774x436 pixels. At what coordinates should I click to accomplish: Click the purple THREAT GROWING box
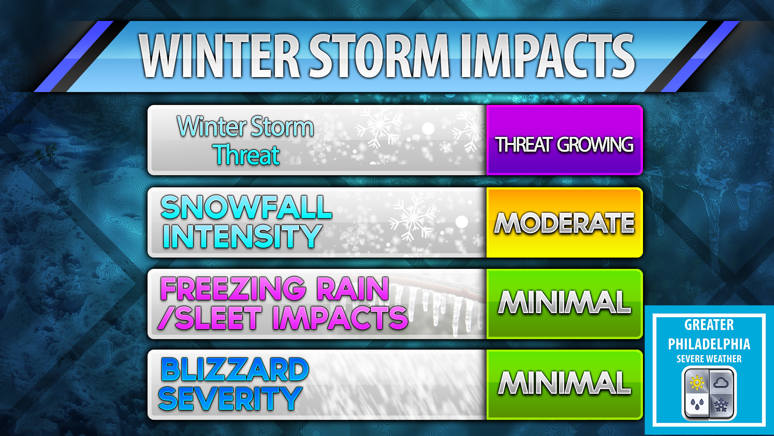[x=564, y=140]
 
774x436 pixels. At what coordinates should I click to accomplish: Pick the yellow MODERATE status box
[x=564, y=222]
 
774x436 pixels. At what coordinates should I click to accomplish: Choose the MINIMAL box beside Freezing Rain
[x=564, y=304]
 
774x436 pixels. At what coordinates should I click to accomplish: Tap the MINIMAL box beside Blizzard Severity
[x=564, y=385]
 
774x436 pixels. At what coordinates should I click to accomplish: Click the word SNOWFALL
[x=246, y=207]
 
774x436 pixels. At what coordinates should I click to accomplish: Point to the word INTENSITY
[x=242, y=236]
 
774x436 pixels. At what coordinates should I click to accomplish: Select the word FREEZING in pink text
[x=233, y=289]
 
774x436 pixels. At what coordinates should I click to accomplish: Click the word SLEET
[x=218, y=318]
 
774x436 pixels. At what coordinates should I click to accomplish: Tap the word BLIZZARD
[x=235, y=369]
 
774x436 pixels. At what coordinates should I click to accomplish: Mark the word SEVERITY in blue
[x=230, y=399]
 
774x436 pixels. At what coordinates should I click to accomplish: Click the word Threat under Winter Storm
[x=247, y=155]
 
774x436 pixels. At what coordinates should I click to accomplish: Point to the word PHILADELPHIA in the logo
[x=709, y=344]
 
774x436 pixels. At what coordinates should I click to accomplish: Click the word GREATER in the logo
[x=709, y=325]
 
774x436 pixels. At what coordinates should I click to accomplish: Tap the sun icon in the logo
[x=697, y=382]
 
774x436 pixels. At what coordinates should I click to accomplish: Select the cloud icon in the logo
[x=721, y=382]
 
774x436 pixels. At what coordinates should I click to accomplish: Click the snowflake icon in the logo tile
[x=721, y=405]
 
